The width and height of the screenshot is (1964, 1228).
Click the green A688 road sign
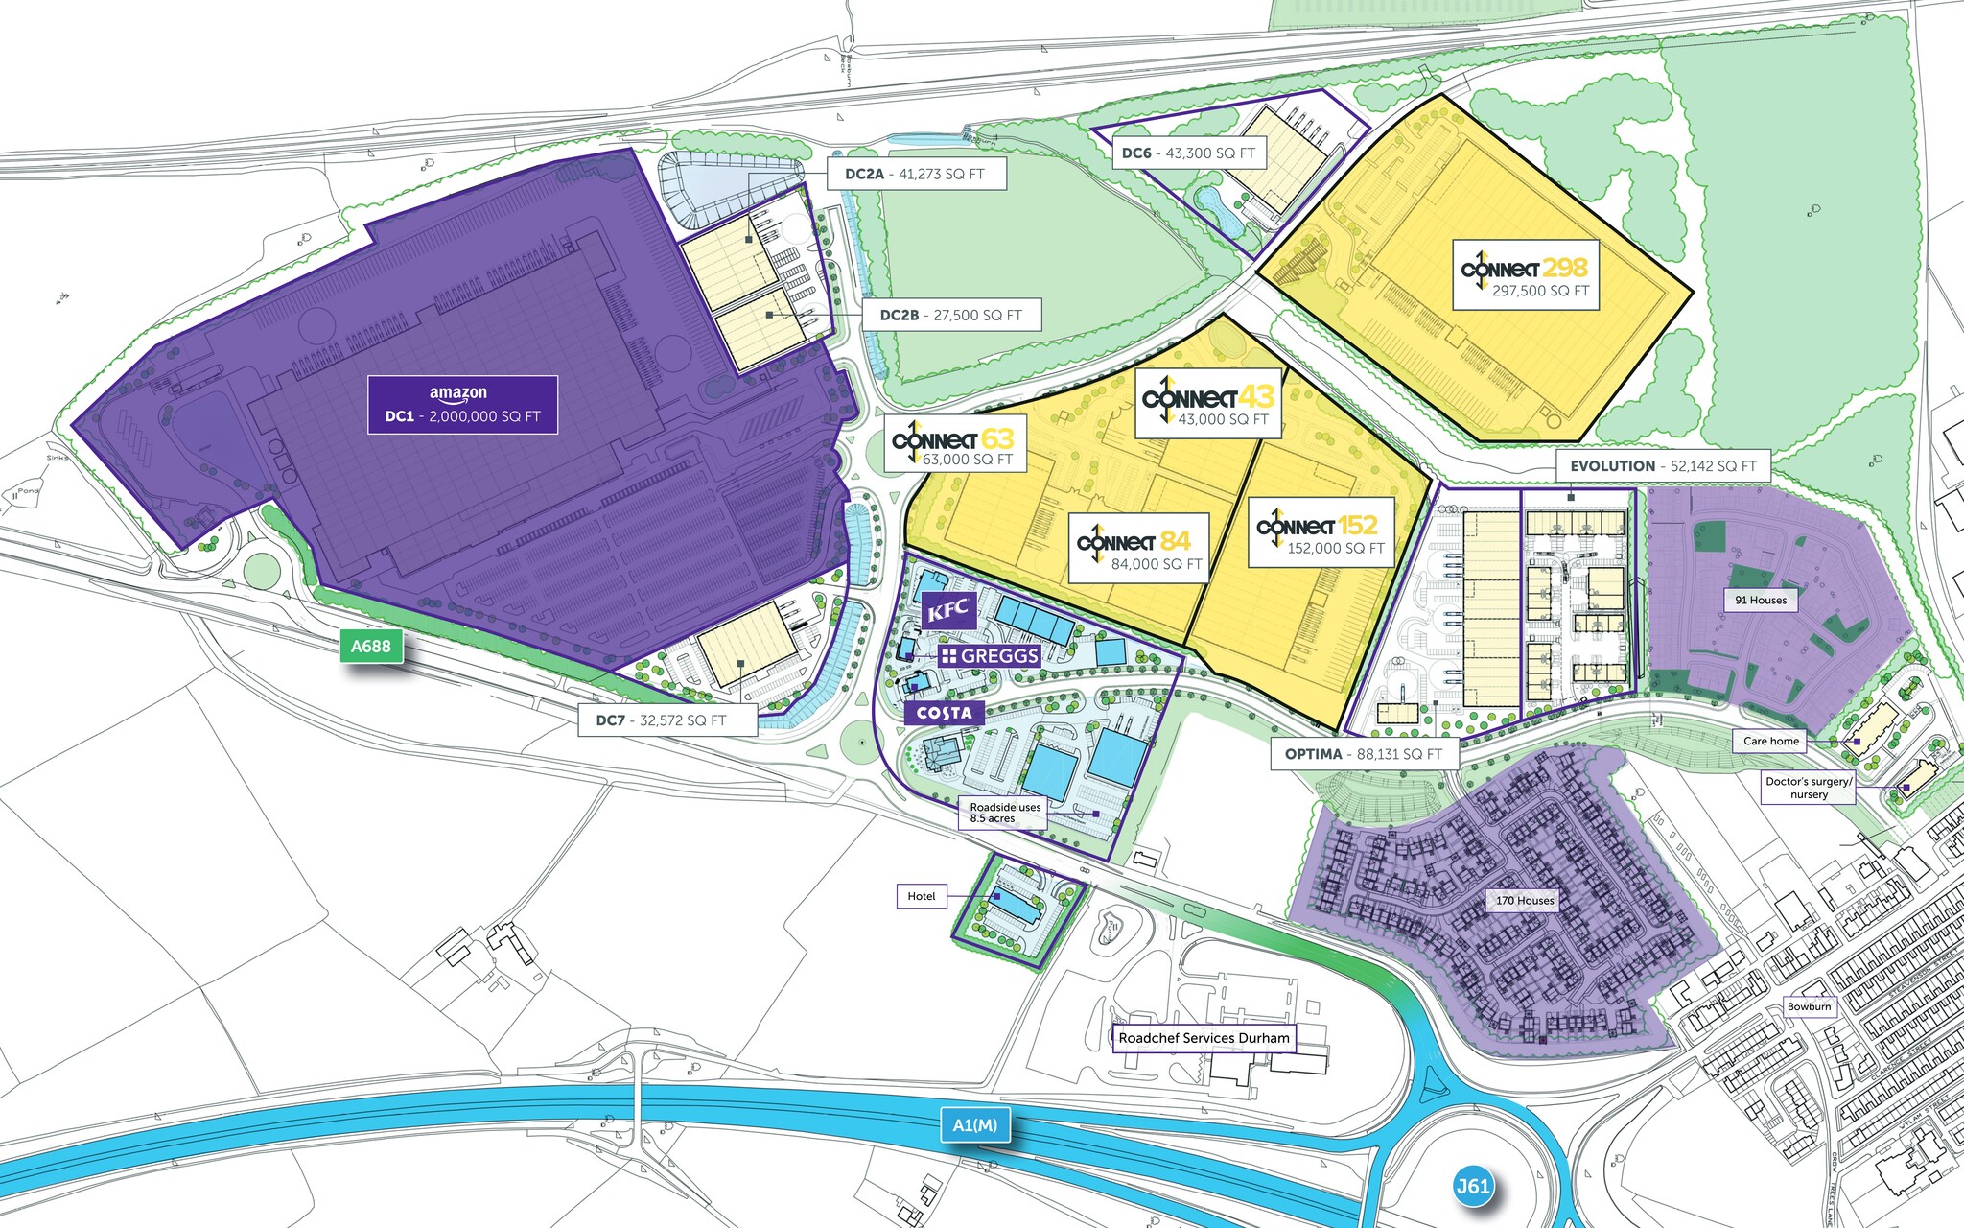coord(371,647)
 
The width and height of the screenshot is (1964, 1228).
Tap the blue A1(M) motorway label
coord(974,1125)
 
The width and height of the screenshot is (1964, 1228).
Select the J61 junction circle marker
coord(1472,1186)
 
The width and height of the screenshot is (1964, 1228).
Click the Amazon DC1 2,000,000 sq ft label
coord(462,405)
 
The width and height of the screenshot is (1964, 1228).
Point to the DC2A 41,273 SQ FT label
coord(915,175)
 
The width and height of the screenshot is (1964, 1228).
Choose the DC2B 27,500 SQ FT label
coord(951,315)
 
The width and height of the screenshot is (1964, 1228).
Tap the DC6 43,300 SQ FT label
coord(1189,153)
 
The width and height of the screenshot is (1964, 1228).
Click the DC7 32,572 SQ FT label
coord(667,720)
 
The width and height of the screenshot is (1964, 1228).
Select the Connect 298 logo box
coord(1525,275)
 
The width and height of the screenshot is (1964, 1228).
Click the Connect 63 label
coord(954,444)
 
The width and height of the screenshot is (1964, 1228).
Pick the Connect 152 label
coord(1320,532)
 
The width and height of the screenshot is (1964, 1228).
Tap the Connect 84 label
coord(1138,549)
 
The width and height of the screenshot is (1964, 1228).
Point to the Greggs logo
coord(991,656)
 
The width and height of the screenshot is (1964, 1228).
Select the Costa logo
coord(945,713)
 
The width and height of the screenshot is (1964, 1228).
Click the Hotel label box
coord(922,896)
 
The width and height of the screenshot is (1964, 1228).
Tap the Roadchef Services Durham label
coord(1204,1038)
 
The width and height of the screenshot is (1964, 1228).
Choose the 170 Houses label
coord(1525,900)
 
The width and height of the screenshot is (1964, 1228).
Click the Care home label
coord(1770,741)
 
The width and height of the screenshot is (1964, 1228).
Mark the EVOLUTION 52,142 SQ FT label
coord(1662,466)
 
